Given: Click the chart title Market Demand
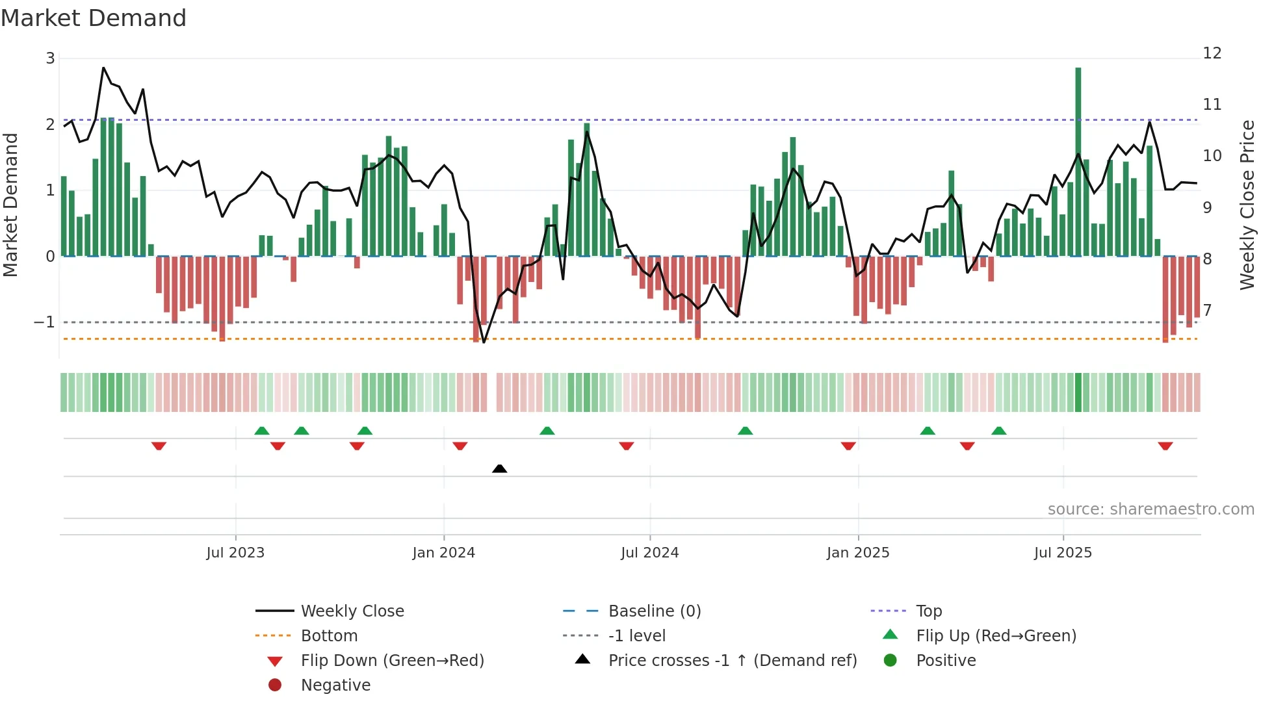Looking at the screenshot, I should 94,18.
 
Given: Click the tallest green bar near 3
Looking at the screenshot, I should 1078,162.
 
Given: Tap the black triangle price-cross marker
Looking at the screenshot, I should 499,468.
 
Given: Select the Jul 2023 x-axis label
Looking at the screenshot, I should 235,553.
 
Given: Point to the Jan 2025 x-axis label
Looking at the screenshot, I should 858,553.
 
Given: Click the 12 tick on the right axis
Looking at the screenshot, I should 1212,53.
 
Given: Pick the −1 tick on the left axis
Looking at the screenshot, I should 44,322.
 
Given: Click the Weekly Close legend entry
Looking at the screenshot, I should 352,611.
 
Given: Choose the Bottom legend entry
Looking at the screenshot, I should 329,636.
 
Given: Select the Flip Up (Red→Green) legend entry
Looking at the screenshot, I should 996,636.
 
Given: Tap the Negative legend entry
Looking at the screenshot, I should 335,685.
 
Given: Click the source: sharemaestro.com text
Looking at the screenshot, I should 1150,509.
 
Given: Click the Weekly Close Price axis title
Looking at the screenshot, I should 1247,205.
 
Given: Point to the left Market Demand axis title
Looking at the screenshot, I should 10,205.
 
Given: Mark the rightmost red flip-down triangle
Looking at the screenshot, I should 1165,446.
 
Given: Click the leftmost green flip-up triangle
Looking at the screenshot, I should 261,431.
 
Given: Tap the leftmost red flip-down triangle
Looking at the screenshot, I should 159,446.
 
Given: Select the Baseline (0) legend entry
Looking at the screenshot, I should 655,611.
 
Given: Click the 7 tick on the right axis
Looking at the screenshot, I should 1207,311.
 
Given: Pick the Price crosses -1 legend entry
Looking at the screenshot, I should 733,661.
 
